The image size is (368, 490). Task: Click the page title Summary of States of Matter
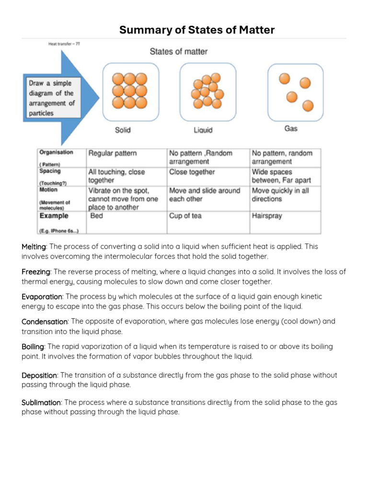coord(196,30)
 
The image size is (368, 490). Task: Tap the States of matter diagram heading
coord(178,51)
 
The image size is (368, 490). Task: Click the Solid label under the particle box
coord(123,130)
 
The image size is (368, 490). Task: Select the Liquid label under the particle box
coord(203,130)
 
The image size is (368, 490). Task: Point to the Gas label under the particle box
coord(291,128)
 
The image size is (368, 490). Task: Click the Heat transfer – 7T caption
coord(64,44)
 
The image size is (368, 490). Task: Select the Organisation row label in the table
coord(56,153)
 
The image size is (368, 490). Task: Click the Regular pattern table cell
coord(112,153)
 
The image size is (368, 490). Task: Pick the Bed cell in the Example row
coord(97,216)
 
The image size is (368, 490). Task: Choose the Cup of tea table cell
coord(185,216)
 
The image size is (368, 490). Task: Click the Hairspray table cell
coord(267,216)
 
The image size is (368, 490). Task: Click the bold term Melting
coord(34,246)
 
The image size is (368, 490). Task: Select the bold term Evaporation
coord(42,297)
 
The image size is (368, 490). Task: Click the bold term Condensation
coord(45,322)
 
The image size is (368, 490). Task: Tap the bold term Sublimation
coord(41,402)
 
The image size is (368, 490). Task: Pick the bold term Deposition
coord(39,375)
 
